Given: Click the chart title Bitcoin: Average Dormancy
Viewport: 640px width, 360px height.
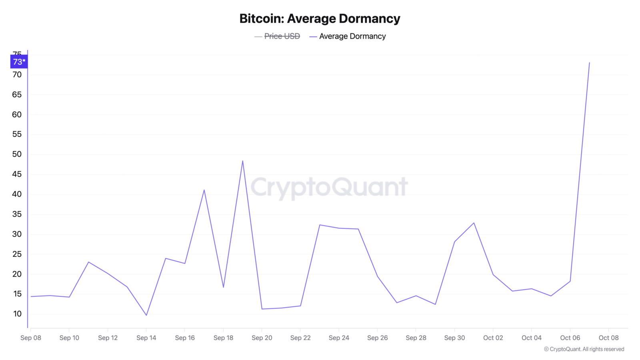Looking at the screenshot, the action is (x=320, y=19).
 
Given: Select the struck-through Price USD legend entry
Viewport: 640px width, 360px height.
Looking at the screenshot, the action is (x=277, y=36).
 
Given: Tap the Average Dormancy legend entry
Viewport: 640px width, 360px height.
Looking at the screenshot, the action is (x=348, y=36).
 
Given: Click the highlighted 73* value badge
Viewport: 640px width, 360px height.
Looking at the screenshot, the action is (x=19, y=62).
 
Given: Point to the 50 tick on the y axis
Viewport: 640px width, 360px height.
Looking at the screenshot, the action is (x=17, y=154).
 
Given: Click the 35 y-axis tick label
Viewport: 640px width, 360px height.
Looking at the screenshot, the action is (x=17, y=214).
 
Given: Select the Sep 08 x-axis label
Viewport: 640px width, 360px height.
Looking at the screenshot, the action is (x=30, y=338).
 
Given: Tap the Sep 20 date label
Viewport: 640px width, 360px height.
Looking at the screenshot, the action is (x=262, y=338).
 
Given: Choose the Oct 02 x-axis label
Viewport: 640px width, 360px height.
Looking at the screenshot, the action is (x=493, y=338).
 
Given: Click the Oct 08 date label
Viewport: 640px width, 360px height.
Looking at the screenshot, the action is (x=608, y=338).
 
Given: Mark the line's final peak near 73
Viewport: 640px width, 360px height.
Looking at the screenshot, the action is (x=589, y=62).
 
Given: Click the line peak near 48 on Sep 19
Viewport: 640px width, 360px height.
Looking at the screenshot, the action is (x=242, y=161).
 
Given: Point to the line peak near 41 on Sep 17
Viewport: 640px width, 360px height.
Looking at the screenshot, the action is (x=204, y=190).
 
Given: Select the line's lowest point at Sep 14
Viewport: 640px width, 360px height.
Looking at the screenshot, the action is (x=146, y=315).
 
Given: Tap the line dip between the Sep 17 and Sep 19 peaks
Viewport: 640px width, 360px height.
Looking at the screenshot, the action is (x=223, y=287).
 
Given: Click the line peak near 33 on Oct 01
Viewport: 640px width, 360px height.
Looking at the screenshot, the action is (x=474, y=223).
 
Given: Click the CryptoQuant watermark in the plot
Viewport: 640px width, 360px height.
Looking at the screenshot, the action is (x=329, y=188).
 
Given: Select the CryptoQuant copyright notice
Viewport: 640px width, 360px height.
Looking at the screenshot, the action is (x=584, y=349).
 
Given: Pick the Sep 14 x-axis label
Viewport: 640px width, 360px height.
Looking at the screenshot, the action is (x=146, y=338).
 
